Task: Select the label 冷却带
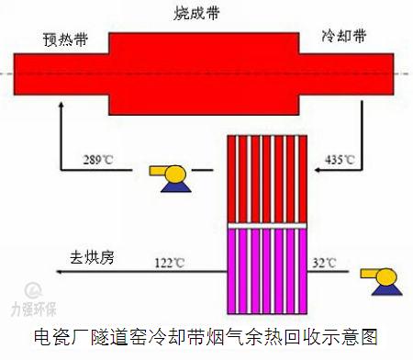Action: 345,37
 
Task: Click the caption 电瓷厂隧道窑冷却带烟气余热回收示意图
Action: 206,338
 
